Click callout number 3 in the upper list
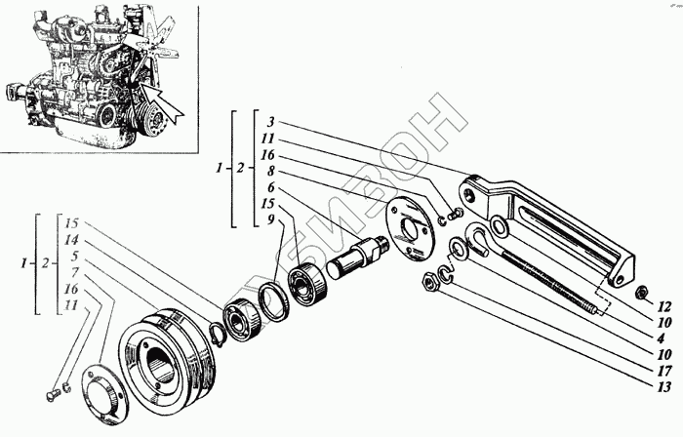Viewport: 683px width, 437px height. tap(271, 125)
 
